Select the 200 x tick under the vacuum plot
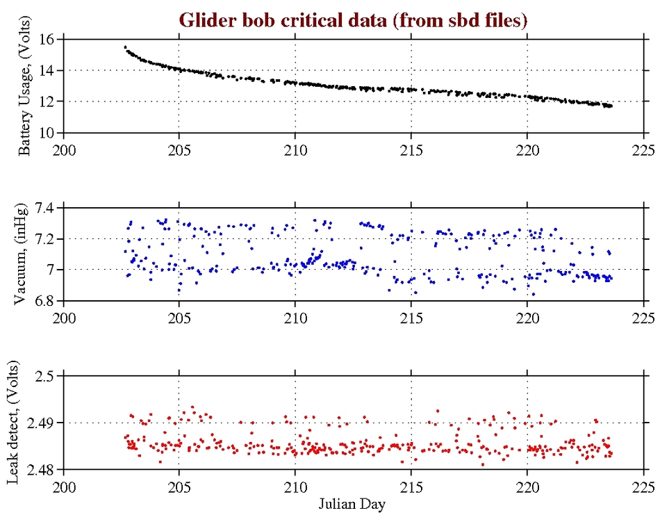point(64,316)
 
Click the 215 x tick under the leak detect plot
point(412,484)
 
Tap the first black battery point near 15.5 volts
point(125,47)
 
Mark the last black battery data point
point(611,106)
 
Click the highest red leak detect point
point(192,407)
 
